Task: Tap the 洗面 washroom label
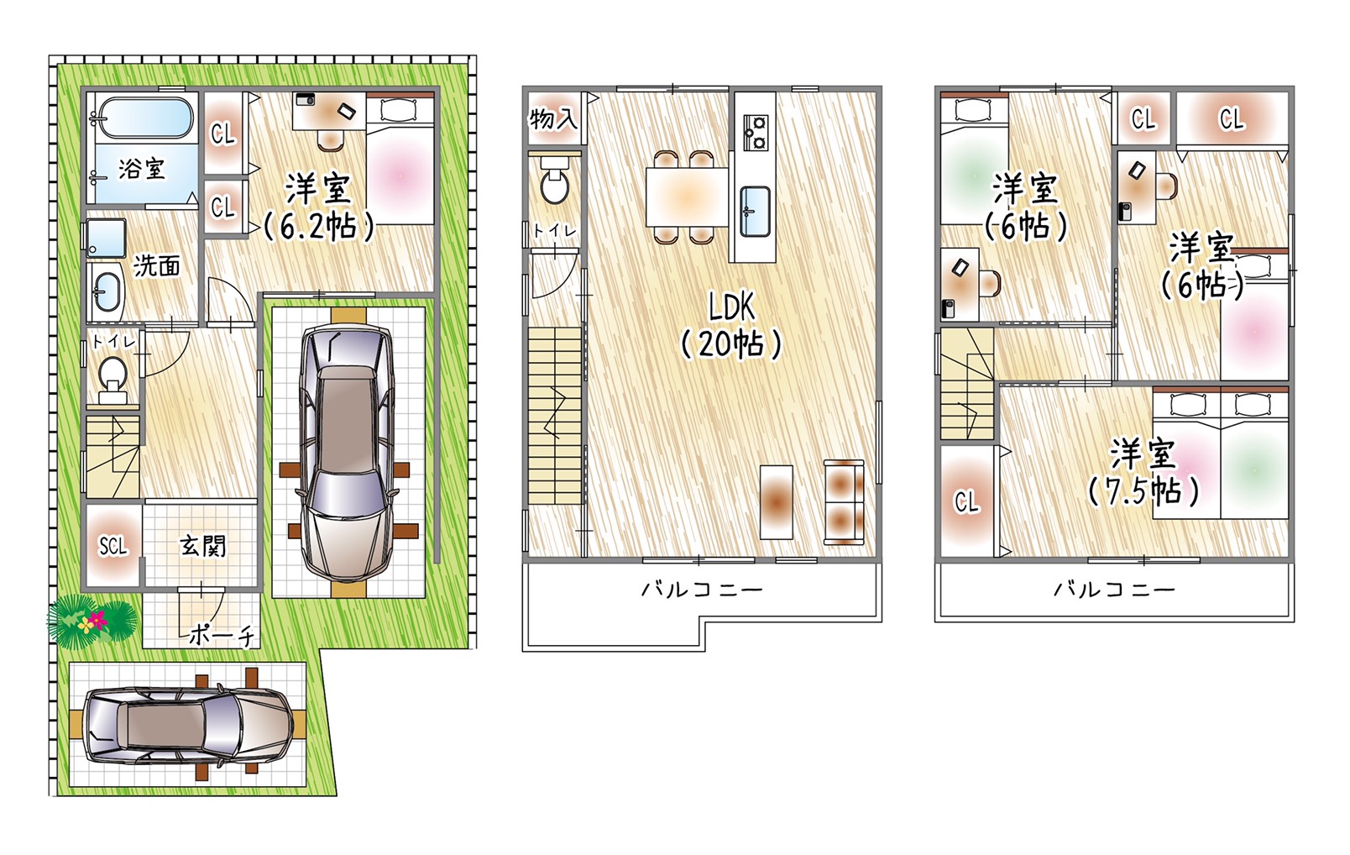pos(157,265)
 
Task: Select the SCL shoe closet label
pos(113,546)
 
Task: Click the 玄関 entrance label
pos(203,546)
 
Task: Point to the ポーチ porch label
pos(222,635)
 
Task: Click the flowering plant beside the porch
pos(91,621)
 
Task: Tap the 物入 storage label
pos(553,118)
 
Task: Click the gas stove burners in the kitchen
pos(755,133)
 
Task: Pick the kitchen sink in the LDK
pos(755,211)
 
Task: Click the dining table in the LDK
pos(687,197)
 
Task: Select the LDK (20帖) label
pos(731,326)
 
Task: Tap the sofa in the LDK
pos(844,502)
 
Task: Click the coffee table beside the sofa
pos(777,501)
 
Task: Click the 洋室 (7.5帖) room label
pos(1143,472)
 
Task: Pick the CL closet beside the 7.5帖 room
pos(966,501)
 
